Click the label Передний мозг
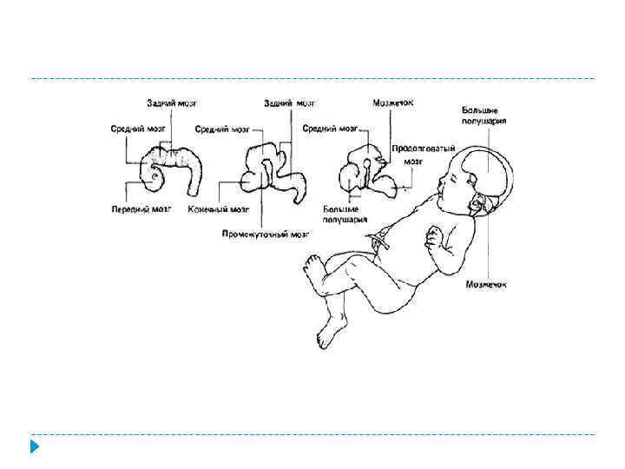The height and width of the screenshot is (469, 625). coord(141,209)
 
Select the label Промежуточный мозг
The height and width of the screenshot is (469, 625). coord(266,233)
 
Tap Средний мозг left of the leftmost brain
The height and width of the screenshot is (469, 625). coord(137,129)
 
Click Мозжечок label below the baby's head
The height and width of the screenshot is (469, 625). coord(485,283)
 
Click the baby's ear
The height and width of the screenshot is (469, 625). coord(477,204)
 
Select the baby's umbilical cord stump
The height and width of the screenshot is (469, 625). coord(379,243)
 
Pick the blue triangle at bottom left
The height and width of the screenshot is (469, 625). coord(35,447)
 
